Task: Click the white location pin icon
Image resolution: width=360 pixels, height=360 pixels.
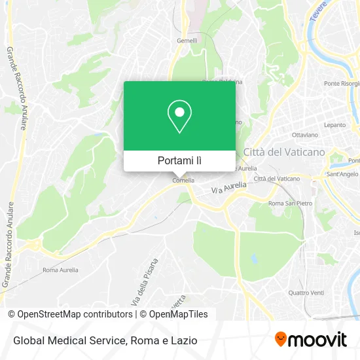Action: [x=179, y=117]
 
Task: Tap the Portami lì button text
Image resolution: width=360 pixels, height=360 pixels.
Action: [x=179, y=160]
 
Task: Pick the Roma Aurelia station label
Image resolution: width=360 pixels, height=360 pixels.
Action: [x=60, y=270]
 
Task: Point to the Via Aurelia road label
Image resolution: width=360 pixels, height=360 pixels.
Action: [x=229, y=188]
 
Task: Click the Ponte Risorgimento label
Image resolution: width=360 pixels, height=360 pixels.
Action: [x=342, y=84]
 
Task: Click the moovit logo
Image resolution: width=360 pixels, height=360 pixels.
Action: [x=310, y=340]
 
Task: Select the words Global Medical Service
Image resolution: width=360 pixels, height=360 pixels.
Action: [x=67, y=340]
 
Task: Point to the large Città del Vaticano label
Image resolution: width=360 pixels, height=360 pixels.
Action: [x=283, y=152]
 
